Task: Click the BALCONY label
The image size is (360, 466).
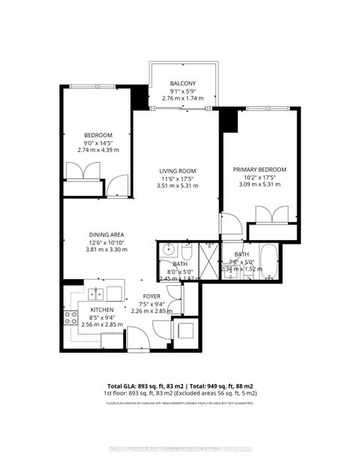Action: tap(183, 83)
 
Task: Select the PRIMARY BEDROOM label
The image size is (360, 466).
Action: tap(259, 170)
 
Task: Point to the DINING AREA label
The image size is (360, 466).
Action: tap(106, 234)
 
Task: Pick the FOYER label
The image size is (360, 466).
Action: tap(152, 295)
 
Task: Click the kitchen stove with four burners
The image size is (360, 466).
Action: tap(71, 317)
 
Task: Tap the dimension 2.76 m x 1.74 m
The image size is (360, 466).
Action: tap(183, 98)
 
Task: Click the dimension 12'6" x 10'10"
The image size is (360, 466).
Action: tap(106, 242)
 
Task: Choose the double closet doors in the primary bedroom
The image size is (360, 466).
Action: tap(267, 215)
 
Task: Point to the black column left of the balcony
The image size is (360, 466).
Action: tap(139, 98)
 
